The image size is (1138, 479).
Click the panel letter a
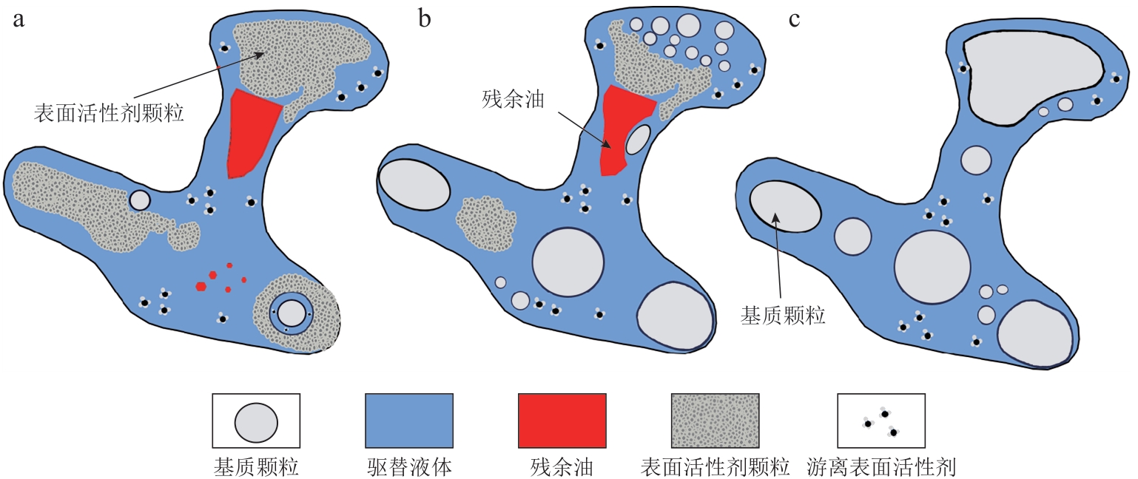pyautogui.click(x=18, y=20)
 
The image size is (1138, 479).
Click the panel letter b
pyautogui.click(x=424, y=20)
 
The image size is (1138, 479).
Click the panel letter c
pyautogui.click(x=794, y=20)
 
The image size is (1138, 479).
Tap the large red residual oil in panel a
pyautogui.click(x=251, y=133)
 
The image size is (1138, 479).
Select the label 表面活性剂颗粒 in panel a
pyautogui.click(x=108, y=113)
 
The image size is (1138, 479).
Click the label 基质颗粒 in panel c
pyautogui.click(x=783, y=317)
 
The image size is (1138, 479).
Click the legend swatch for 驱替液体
pyautogui.click(x=409, y=421)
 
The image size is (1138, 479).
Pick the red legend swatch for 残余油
pyautogui.click(x=562, y=421)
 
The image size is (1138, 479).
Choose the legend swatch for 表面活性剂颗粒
pyautogui.click(x=716, y=421)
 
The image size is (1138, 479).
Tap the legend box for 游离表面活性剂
pyautogui.click(x=881, y=421)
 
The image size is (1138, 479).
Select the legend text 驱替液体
pyautogui.click(x=409, y=466)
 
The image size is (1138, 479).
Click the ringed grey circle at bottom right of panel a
pyautogui.click(x=292, y=313)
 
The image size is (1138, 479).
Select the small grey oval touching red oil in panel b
pyautogui.click(x=638, y=139)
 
